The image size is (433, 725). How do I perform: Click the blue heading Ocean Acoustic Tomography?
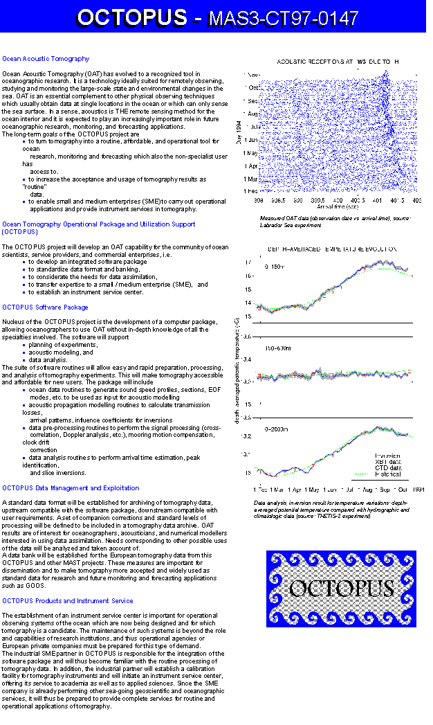tap(46, 59)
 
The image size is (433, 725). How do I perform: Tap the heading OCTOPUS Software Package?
tap(45, 307)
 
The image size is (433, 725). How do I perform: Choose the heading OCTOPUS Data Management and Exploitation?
tap(71, 488)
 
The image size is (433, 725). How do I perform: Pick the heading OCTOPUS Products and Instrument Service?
tap(68, 601)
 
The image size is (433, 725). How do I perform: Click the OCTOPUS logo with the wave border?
tap(341, 588)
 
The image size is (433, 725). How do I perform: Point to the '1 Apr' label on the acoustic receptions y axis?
tap(250, 166)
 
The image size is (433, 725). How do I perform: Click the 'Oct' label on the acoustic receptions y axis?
tap(253, 88)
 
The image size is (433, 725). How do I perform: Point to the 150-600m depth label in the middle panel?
tap(279, 349)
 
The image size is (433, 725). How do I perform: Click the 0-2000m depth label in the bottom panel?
tap(277, 429)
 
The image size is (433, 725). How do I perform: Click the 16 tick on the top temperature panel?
tap(248, 276)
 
